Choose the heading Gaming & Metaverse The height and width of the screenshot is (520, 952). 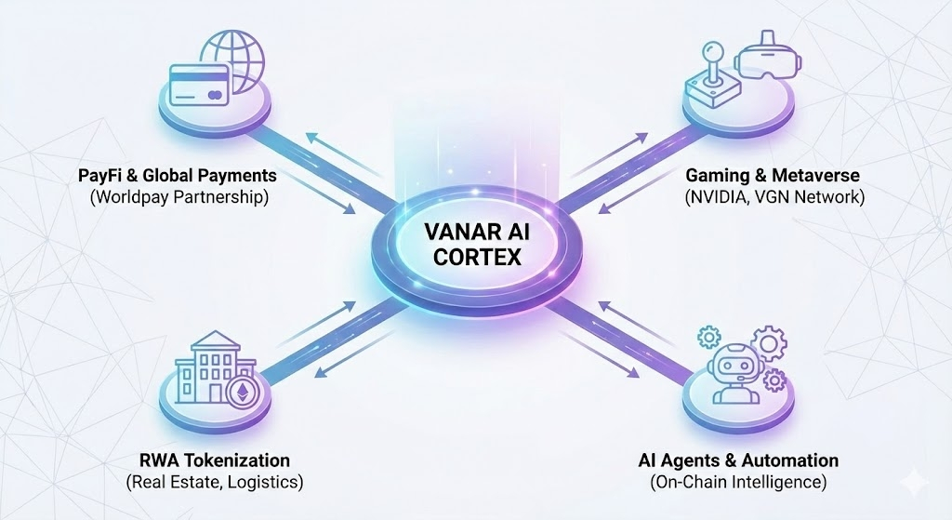773,175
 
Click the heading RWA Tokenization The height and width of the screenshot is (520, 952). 214,460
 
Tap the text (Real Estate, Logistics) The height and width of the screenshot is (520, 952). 214,482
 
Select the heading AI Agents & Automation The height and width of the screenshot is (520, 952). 738,460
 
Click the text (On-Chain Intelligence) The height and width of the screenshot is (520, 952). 738,482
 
